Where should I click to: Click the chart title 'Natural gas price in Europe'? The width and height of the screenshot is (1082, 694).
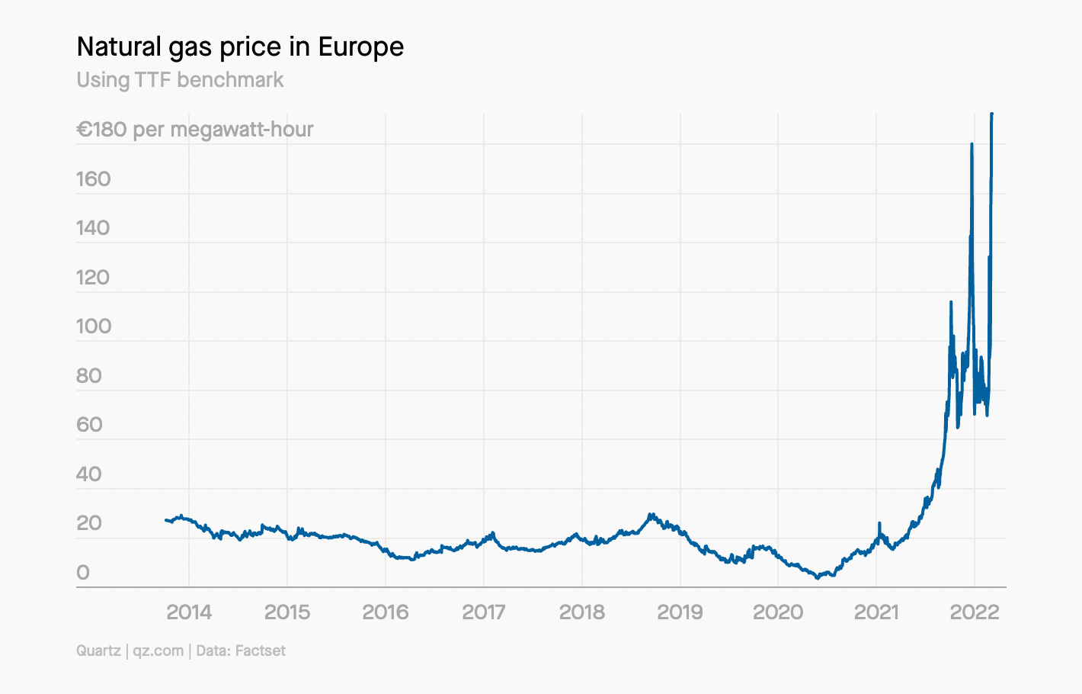pyautogui.click(x=240, y=47)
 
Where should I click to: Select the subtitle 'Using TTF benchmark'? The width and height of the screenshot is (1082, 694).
pyautogui.click(x=180, y=80)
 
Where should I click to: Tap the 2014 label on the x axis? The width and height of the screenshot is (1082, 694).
pyautogui.click(x=189, y=612)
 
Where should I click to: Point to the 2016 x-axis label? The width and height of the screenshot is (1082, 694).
pyautogui.click(x=386, y=612)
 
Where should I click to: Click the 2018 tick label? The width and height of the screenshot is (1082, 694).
pyautogui.click(x=582, y=612)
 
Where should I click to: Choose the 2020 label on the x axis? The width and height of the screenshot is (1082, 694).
pyautogui.click(x=778, y=612)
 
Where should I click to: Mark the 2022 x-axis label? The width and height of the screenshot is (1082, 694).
pyautogui.click(x=975, y=612)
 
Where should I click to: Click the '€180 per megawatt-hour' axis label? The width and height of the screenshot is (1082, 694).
pyautogui.click(x=195, y=130)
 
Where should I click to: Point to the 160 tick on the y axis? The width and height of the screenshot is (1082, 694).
pyautogui.click(x=93, y=179)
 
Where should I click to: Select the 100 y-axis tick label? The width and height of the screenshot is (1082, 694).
pyautogui.click(x=93, y=326)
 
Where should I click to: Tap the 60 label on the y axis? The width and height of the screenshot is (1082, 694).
pyautogui.click(x=88, y=425)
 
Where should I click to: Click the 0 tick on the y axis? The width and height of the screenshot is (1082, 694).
pyautogui.click(x=83, y=573)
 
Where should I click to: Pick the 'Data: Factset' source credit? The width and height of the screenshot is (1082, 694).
pyautogui.click(x=241, y=651)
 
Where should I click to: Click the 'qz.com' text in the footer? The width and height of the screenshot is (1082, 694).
pyautogui.click(x=158, y=651)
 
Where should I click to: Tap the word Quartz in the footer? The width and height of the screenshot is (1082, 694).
pyautogui.click(x=98, y=651)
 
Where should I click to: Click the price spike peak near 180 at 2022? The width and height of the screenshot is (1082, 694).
pyautogui.click(x=972, y=144)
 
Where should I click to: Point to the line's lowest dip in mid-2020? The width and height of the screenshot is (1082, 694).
pyautogui.click(x=818, y=577)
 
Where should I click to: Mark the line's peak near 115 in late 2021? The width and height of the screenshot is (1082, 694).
pyautogui.click(x=951, y=303)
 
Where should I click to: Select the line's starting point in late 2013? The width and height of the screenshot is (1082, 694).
pyautogui.click(x=166, y=520)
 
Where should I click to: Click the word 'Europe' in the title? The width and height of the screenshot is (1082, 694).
pyautogui.click(x=361, y=47)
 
